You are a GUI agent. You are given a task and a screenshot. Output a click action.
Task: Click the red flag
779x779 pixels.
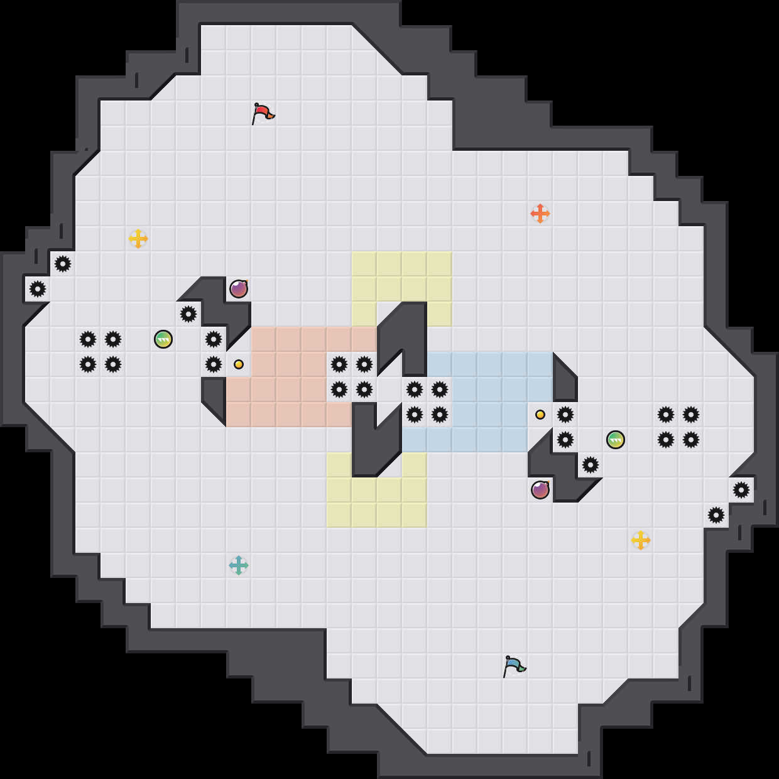pos(263,114)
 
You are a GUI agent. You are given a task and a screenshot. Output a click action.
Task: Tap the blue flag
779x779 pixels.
pos(514,666)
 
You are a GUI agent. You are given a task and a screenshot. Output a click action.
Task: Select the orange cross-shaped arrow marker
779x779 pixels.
pos(540,214)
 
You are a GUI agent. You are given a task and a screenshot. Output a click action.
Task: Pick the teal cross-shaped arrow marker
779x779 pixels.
pos(239,565)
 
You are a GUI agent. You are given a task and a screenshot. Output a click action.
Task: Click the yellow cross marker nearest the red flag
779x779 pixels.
pos(138,239)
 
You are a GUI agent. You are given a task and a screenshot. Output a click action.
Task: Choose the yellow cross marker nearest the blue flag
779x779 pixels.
pos(641,540)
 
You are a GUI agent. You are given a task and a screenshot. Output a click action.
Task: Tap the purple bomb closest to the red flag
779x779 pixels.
pos(239,289)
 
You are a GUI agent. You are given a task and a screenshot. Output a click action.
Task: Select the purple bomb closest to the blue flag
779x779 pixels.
pos(540,490)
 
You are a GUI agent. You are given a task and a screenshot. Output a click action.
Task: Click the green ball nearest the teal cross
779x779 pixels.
pos(163,339)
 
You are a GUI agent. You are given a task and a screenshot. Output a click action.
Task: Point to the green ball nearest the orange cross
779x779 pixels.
pos(616,440)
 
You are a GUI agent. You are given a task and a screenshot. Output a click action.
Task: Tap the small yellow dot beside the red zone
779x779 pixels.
pos(239,364)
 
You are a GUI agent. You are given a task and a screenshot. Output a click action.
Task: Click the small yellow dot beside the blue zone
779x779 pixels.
pos(540,415)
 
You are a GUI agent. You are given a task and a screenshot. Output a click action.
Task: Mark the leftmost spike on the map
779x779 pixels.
pos(38,289)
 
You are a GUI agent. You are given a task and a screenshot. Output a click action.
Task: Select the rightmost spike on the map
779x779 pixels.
pos(741,490)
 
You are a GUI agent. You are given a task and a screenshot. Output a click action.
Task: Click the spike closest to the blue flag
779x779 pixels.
pos(591,465)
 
